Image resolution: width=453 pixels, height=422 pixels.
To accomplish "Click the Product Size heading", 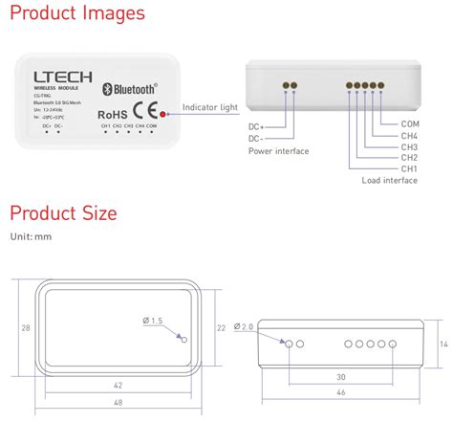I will click(63, 212).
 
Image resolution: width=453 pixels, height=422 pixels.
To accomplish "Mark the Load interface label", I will click(390, 181).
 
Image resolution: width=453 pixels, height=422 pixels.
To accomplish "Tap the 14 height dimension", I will click(442, 343).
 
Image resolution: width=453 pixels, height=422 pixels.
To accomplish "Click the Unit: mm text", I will click(31, 235).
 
